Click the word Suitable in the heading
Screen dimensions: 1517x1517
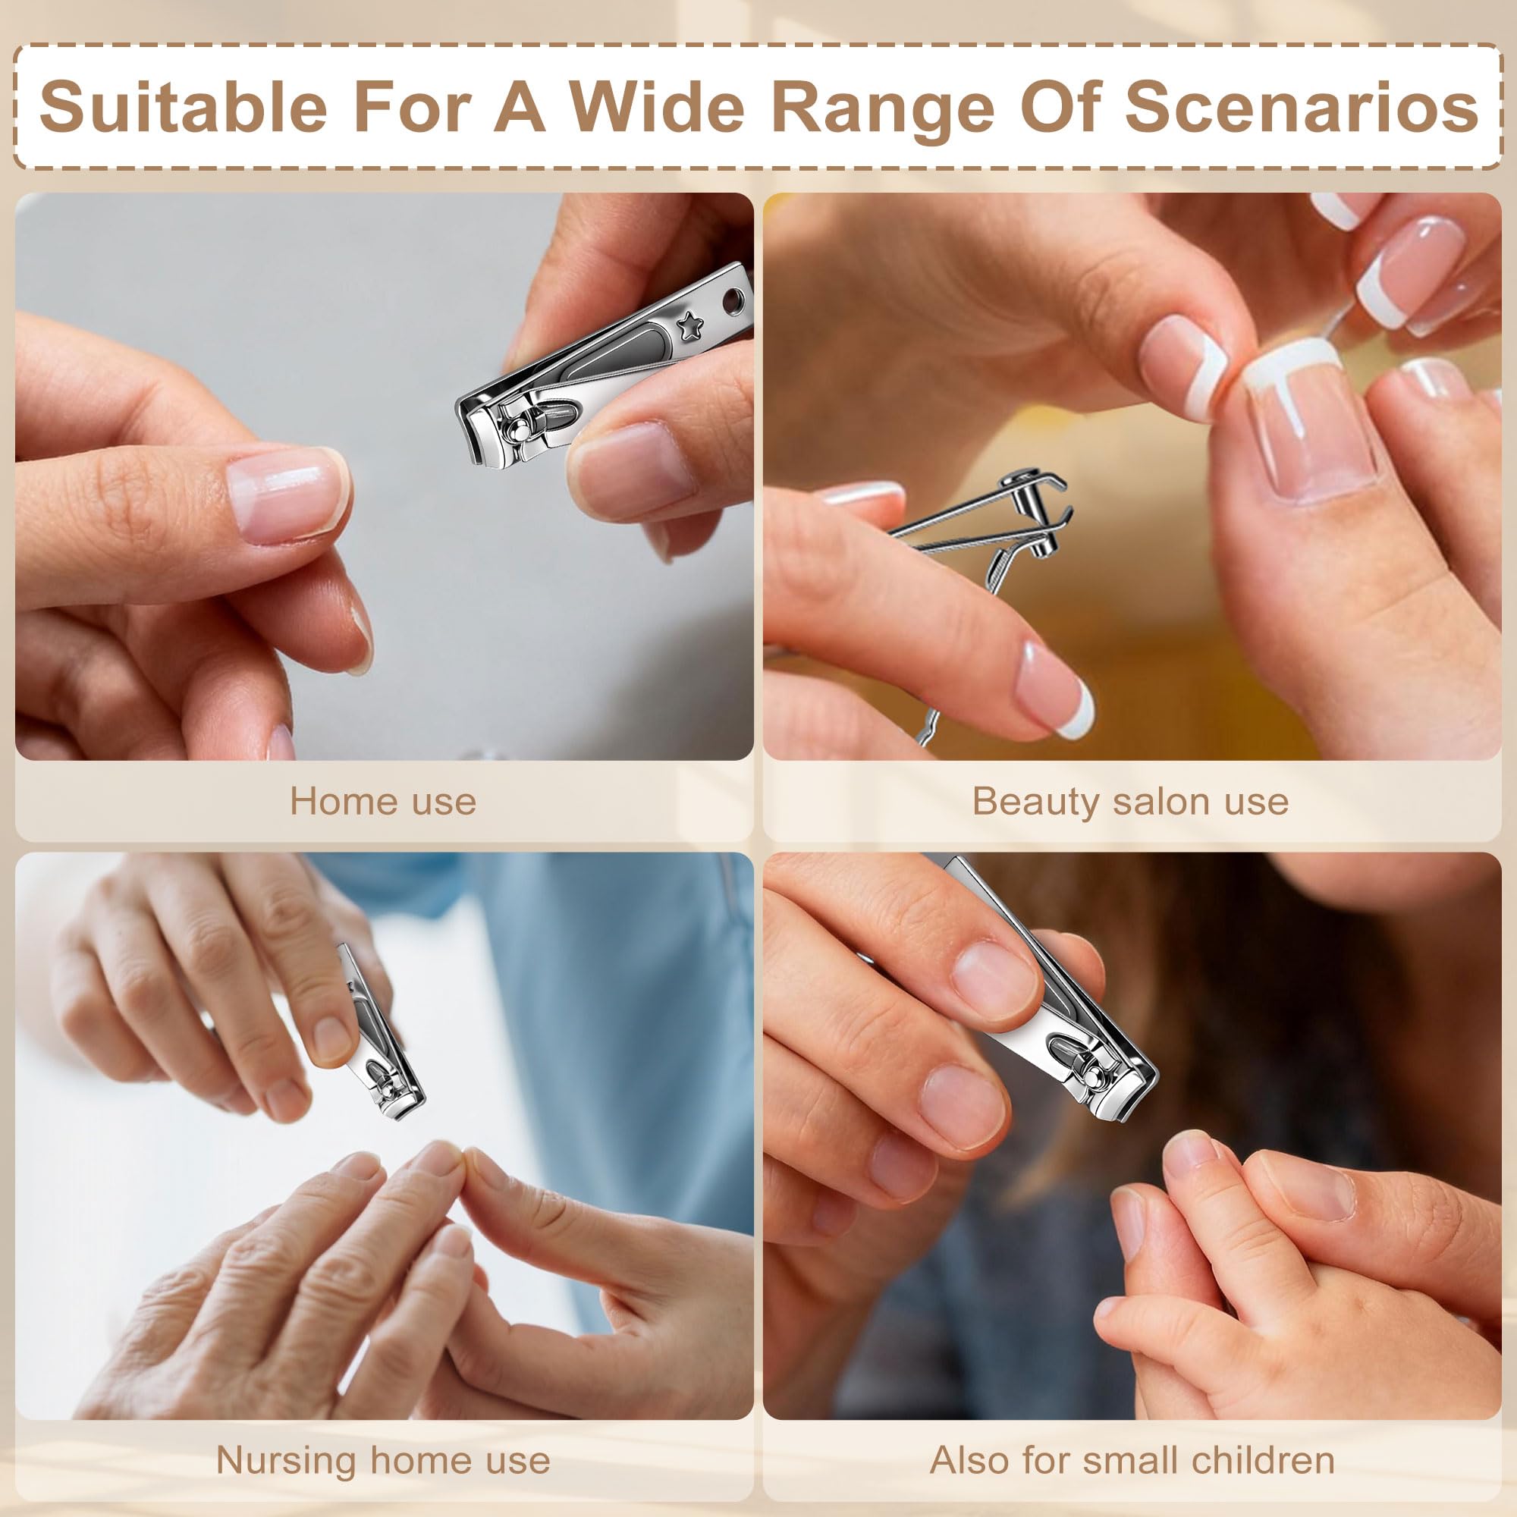(183, 107)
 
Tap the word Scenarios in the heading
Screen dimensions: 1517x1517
(1302, 107)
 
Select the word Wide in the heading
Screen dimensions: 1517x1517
(655, 107)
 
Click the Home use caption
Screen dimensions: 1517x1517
(383, 802)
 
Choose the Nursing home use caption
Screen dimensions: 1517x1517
(383, 1460)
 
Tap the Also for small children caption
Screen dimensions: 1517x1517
(1132, 1460)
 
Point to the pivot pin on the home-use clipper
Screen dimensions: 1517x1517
(517, 429)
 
